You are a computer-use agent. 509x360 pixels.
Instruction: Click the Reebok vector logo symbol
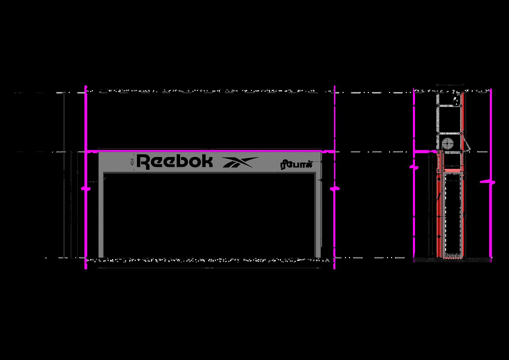pos(240,162)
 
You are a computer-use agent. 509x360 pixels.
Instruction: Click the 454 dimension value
pos(132,162)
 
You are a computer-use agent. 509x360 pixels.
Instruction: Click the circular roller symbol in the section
pos(447,142)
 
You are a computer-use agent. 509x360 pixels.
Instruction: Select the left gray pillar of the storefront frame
pos(101,215)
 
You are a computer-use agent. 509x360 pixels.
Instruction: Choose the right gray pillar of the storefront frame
pos(318,215)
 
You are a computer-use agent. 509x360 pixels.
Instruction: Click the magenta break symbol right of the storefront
pos(334,188)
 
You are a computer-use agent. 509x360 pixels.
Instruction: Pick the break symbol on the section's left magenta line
pos(414,167)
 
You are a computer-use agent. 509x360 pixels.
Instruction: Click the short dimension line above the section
pos(450,84)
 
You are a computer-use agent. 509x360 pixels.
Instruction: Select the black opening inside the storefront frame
pos(209,215)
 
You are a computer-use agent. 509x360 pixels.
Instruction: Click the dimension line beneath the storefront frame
pos(209,268)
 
